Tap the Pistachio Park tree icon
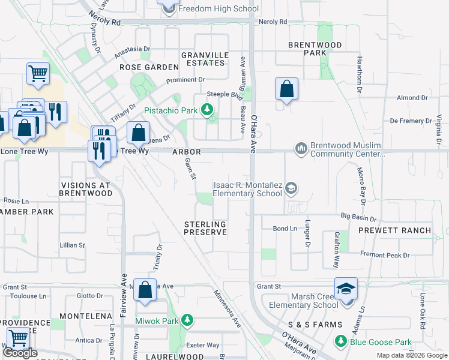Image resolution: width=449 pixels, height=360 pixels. click(207, 110)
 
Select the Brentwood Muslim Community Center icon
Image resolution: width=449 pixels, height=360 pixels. click(301, 148)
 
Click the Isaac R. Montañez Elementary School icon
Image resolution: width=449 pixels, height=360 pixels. click(291, 188)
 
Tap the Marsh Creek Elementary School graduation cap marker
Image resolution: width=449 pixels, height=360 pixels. click(346, 290)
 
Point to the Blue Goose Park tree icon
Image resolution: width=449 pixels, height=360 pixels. click(340, 341)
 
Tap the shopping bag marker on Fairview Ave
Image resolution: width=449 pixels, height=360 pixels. click(145, 290)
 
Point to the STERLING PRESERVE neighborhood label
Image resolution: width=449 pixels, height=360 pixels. click(205, 229)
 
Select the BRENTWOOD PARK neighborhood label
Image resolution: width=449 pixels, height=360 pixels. click(315, 49)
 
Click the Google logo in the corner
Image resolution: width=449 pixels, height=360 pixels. click(20, 353)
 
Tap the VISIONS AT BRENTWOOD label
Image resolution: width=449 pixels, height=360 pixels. click(86, 190)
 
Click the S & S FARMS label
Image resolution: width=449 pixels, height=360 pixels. click(315, 325)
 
